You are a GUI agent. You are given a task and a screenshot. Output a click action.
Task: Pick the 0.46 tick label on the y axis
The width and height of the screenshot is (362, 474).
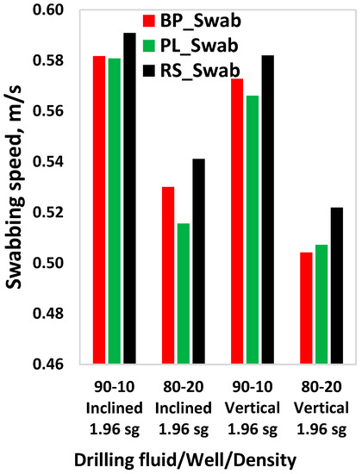pos(50,364)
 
